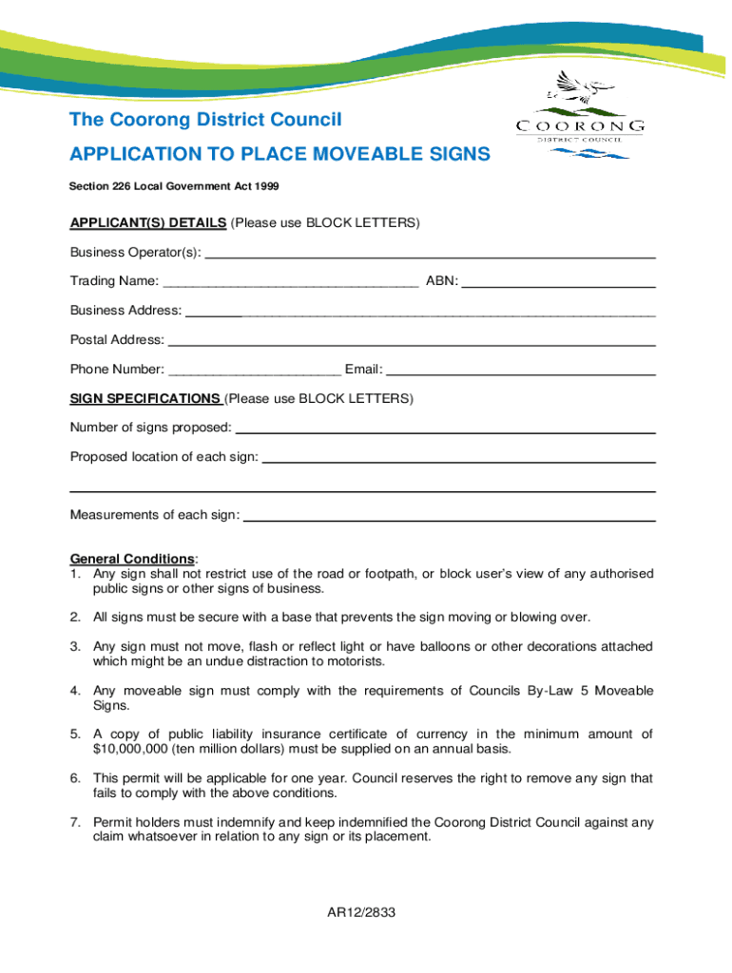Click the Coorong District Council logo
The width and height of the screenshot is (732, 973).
581,115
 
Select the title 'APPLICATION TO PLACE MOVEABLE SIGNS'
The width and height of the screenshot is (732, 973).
280,154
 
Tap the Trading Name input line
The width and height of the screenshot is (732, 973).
291,283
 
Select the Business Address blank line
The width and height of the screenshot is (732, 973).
420,313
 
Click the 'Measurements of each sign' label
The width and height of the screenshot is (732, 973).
155,515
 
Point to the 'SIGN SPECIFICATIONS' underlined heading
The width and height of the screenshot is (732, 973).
145,398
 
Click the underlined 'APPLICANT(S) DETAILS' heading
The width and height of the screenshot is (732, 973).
148,222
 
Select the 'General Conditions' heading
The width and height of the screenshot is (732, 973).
132,559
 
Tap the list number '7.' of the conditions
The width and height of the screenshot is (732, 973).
75,822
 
